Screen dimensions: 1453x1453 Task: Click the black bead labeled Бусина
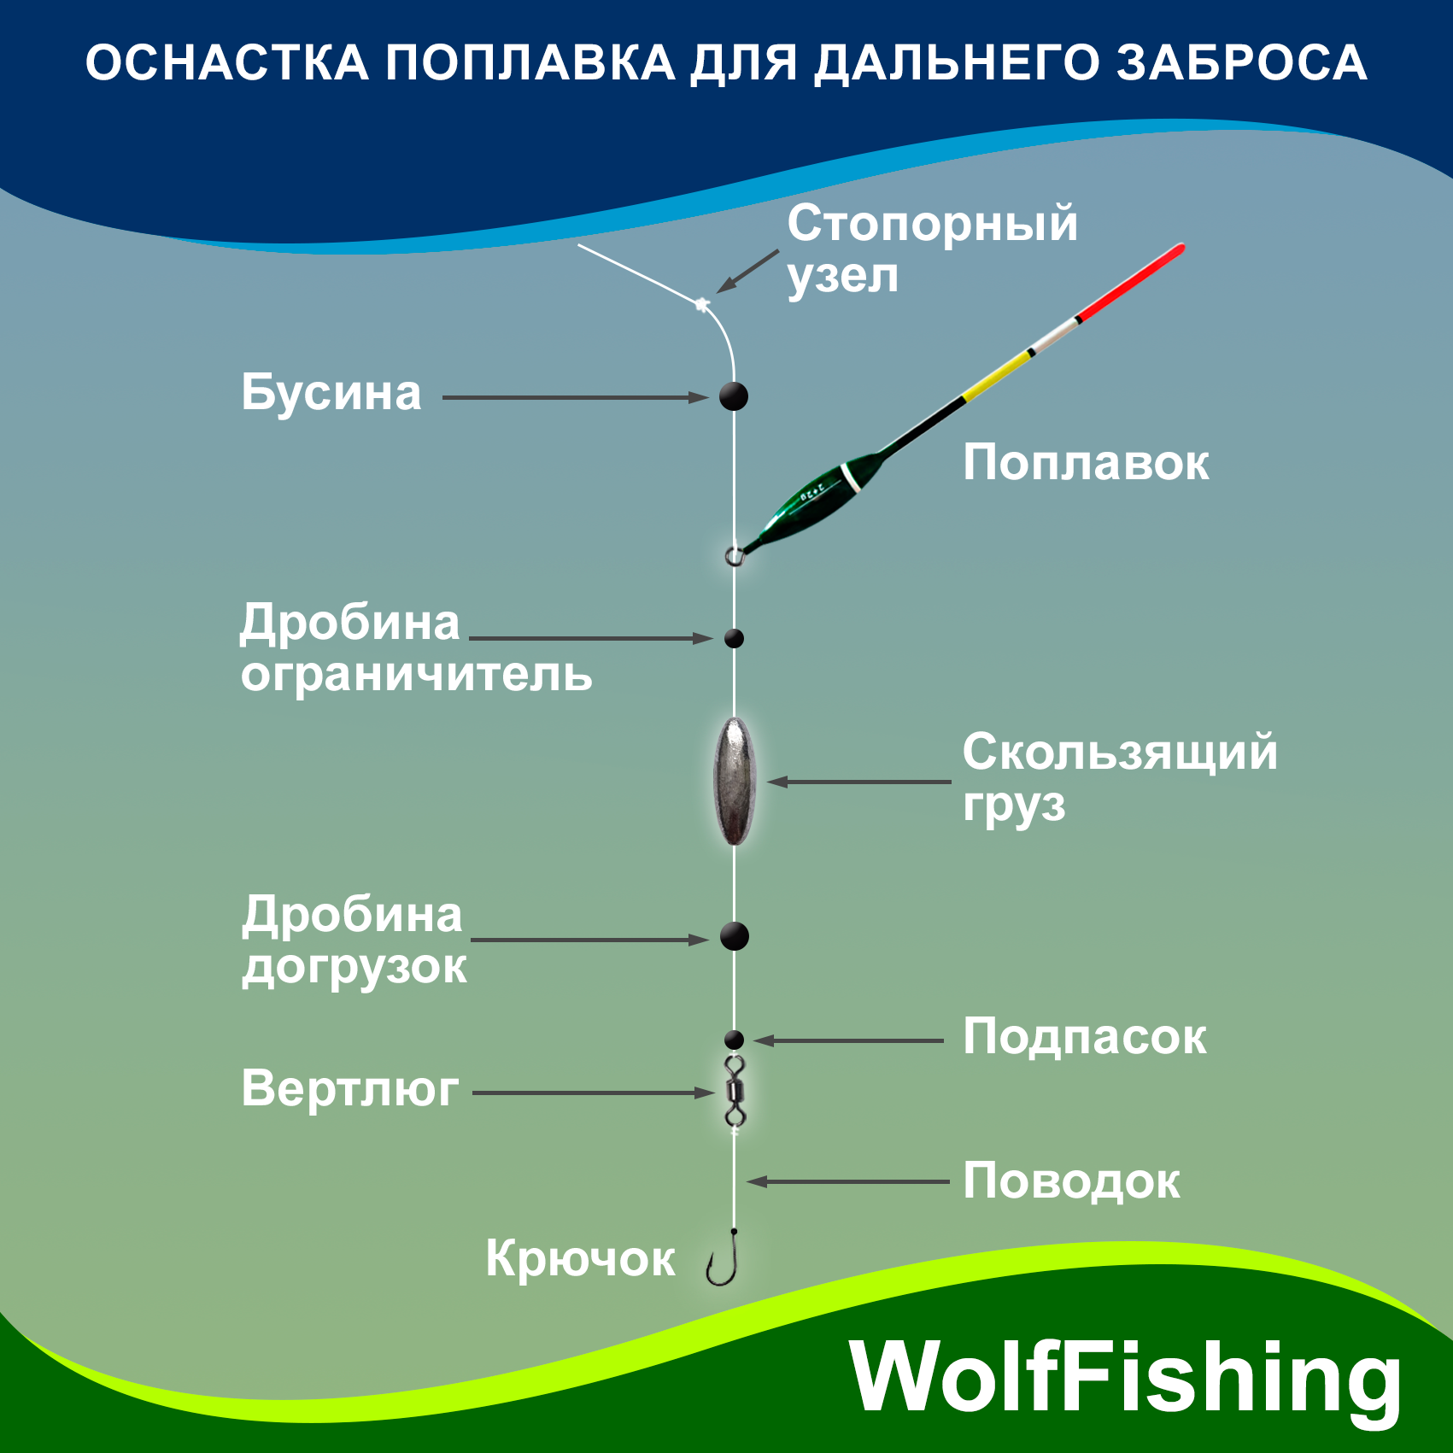[734, 396]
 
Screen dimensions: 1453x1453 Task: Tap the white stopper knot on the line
[703, 303]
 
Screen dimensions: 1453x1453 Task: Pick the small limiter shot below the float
[734, 638]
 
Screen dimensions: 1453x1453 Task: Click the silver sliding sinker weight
[735, 782]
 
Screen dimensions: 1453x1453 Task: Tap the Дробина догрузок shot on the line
[735, 936]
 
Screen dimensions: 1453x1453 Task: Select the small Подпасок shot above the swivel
[734, 1040]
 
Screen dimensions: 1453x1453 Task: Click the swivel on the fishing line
[735, 1091]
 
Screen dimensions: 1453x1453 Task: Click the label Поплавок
[1086, 463]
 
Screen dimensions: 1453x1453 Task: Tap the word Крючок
[580, 1259]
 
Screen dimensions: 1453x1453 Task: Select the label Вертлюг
[350, 1089]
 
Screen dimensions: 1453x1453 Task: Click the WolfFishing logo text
[1125, 1377]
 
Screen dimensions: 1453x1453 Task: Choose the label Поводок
[1071, 1181]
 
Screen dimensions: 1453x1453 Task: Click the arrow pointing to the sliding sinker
[858, 782]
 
